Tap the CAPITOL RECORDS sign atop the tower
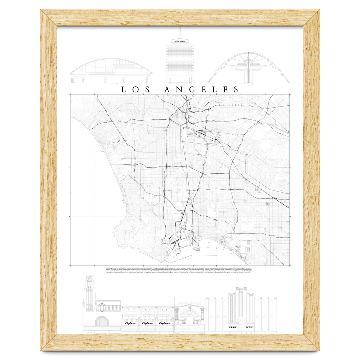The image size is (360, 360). (179, 41)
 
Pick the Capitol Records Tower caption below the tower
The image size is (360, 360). (179, 84)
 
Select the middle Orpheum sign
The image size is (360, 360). (147, 323)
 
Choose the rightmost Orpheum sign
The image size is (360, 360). (164, 323)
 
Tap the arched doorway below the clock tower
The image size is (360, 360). (101, 323)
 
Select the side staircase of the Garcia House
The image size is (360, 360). (73, 79)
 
